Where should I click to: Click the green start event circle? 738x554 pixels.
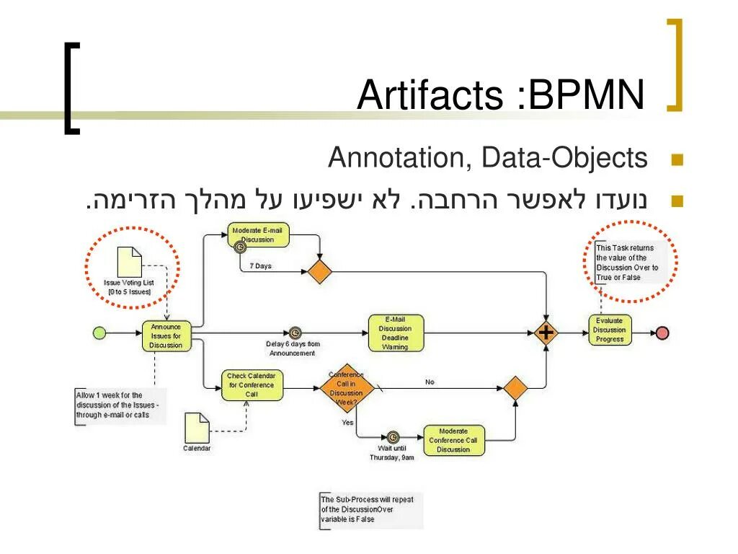(x=99, y=333)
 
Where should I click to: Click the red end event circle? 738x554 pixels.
(x=662, y=333)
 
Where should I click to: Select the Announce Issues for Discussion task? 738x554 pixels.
(x=166, y=335)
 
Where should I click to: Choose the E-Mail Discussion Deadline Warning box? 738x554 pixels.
(x=395, y=333)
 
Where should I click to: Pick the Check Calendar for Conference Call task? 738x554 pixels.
(x=251, y=385)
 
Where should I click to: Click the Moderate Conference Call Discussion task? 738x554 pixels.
(x=453, y=440)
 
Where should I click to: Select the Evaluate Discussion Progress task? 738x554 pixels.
(x=610, y=330)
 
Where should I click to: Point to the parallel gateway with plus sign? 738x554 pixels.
(x=548, y=333)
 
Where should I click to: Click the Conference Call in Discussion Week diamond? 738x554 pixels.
(x=347, y=387)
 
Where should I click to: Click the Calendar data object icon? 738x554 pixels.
(x=197, y=427)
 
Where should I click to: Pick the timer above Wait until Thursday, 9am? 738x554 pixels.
(x=392, y=436)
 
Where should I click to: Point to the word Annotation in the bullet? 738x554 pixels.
(x=396, y=158)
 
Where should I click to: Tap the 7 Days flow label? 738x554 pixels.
(x=260, y=266)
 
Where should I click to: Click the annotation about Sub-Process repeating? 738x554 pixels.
(x=370, y=509)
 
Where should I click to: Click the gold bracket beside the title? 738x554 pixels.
(x=674, y=65)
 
